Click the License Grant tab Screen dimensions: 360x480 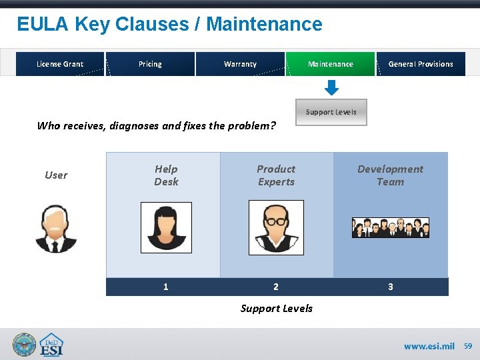coord(60,64)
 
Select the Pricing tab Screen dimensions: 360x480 coord(150,64)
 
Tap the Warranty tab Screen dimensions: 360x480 coord(240,64)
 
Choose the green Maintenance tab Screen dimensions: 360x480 coord(331,64)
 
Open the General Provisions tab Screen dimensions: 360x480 coord(421,64)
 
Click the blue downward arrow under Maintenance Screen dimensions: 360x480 coord(331,88)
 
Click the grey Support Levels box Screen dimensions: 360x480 coord(331,112)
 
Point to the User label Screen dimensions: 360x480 coord(56,175)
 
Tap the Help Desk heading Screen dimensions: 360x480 coord(166,175)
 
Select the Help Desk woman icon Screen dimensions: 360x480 coord(166,228)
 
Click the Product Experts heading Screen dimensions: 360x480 coord(276,175)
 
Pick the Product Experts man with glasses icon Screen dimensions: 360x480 coord(276,227)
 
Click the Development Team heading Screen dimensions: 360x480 coord(390,175)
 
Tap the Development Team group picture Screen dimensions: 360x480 coord(391,228)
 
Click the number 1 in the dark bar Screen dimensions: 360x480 coord(166,287)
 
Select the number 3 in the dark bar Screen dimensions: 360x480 coord(391,287)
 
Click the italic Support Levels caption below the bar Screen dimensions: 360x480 coord(276,308)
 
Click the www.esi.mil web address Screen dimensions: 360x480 coord(429,346)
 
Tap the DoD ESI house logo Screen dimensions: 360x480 coord(51,345)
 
